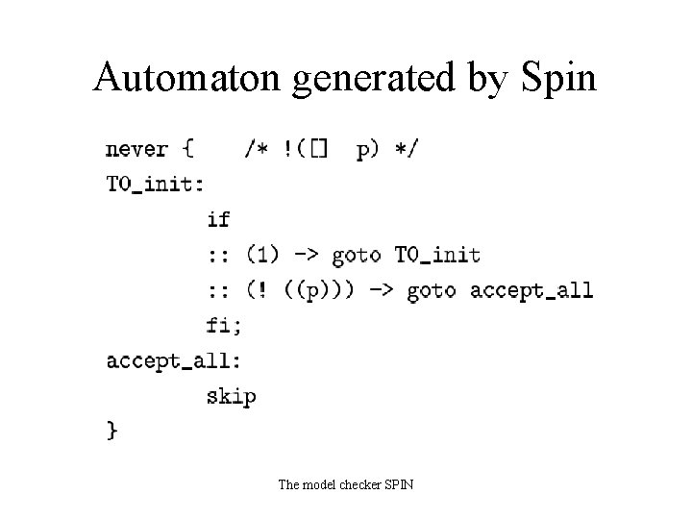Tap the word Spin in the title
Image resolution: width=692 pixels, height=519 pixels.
[556, 77]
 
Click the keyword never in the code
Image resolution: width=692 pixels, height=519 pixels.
[136, 149]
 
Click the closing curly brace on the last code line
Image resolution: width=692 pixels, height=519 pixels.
[112, 432]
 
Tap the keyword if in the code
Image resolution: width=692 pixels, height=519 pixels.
[218, 219]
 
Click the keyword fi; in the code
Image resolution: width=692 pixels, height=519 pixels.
[224, 325]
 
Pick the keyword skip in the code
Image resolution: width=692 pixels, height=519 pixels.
[231, 395]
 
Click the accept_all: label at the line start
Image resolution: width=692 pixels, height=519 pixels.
[173, 360]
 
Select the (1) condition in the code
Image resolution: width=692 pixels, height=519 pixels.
[262, 255]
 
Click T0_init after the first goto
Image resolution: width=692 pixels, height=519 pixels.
[437, 255]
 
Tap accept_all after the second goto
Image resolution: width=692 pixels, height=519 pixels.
[531, 290]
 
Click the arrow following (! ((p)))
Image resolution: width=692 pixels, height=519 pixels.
[382, 290]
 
